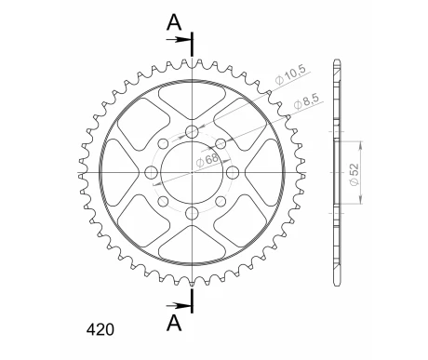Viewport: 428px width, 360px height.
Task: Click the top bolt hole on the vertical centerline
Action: click(x=193, y=131)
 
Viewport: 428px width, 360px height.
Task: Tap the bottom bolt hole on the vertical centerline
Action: click(x=193, y=215)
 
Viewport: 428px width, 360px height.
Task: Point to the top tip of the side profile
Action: click(x=335, y=63)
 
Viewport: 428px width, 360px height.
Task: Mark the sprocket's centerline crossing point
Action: click(x=193, y=173)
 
